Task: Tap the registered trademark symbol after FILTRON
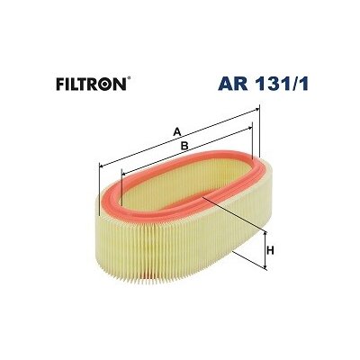click(x=129, y=79)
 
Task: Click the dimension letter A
click(x=177, y=131)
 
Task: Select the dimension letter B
click(x=184, y=146)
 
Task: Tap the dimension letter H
click(x=270, y=250)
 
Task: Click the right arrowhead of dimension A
click(x=256, y=110)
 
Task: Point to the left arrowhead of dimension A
click(x=102, y=166)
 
